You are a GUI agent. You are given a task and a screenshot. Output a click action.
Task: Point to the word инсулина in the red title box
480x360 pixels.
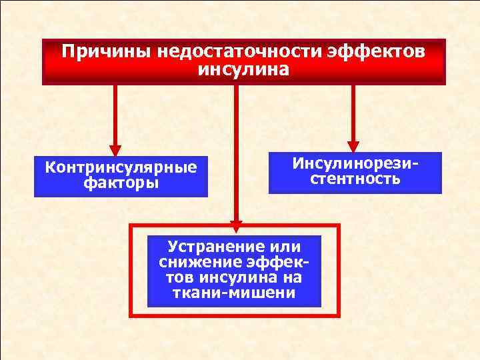[244, 69]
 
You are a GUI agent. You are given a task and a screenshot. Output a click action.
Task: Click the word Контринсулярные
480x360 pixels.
[121, 167]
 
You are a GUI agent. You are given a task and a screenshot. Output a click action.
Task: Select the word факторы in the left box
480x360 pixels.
[121, 183]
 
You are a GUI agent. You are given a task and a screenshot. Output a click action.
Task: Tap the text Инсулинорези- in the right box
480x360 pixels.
[355, 164]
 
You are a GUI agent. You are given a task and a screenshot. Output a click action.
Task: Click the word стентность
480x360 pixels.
[355, 179]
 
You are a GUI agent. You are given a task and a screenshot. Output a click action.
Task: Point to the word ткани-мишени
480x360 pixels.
[234, 293]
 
